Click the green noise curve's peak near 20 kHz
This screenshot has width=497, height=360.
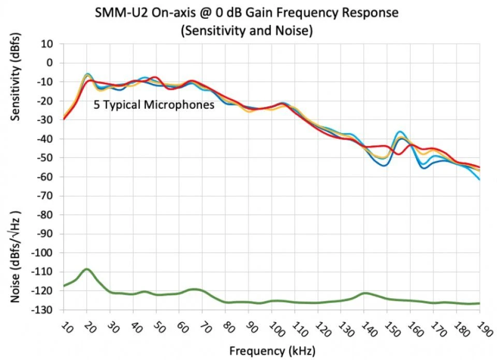click(x=87, y=269)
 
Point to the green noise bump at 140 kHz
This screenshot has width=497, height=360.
click(x=365, y=293)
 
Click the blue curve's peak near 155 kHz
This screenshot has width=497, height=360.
click(x=400, y=132)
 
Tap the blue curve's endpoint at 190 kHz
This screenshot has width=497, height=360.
click(x=479, y=179)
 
